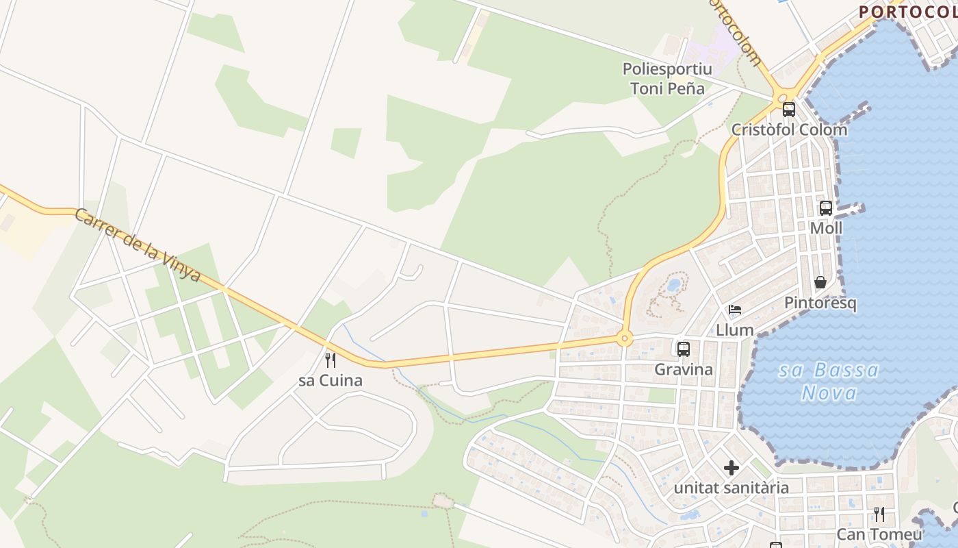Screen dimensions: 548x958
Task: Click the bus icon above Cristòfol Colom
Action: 788,109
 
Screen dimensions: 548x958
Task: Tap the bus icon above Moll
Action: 826,208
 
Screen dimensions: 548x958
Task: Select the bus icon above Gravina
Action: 683,349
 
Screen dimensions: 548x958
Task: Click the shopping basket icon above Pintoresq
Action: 820,282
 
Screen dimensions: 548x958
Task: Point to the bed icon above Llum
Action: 735,310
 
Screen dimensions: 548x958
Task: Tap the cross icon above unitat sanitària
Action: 732,469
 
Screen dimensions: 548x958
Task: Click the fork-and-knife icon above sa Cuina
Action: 331,360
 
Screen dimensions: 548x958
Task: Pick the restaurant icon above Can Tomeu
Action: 879,514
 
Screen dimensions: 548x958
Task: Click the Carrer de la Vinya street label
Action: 137,245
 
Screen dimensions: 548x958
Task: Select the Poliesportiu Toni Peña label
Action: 667,78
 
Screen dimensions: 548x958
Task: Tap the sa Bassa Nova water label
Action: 829,382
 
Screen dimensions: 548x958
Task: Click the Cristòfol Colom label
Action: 789,129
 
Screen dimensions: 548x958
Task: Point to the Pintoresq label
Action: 820,303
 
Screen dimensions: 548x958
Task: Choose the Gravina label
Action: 684,370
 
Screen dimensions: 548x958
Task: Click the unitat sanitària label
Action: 732,488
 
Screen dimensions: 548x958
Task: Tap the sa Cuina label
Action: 331,380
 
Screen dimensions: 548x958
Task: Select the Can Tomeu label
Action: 879,534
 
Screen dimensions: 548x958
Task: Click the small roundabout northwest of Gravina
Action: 623,338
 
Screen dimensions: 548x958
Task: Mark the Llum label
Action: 735,330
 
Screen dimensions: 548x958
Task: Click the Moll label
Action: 826,228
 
